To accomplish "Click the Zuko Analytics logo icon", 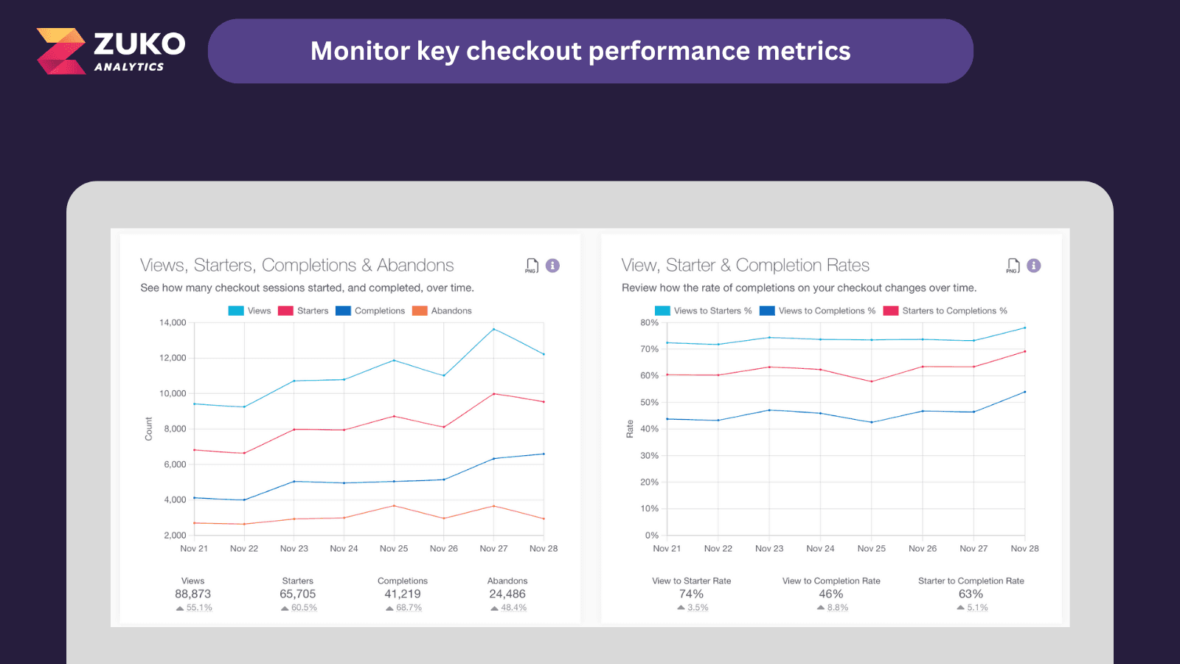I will point(62,51).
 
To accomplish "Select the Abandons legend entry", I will point(442,311).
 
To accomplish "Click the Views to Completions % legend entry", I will point(818,311).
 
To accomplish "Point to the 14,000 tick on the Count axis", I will point(173,322).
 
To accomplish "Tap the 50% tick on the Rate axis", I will point(649,402).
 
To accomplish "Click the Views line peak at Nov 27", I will point(493,329).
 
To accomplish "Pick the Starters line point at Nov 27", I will point(493,394).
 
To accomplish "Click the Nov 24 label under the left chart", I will point(344,548).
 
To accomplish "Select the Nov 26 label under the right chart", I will point(922,548).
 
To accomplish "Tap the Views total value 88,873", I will point(192,594).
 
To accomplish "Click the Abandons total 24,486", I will point(507,594).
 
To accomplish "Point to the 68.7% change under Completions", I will point(408,608).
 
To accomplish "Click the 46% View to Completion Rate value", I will point(830,594).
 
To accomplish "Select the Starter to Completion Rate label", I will point(971,581).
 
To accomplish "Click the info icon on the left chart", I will point(552,266).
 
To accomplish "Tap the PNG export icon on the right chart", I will point(1013,266).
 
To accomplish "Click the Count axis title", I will point(148,429).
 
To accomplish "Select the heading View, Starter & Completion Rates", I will point(745,265).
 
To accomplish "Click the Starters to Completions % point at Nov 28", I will point(1024,351).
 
